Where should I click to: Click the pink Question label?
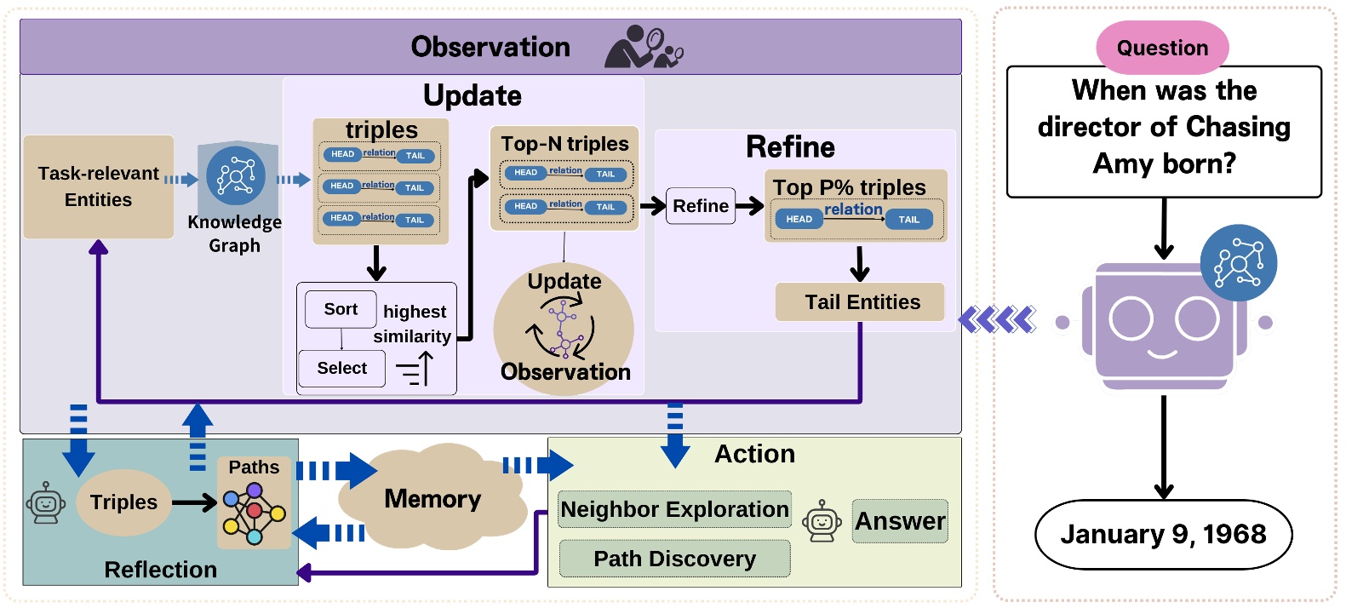[x=1162, y=48]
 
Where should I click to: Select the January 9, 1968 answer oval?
[x=1163, y=534]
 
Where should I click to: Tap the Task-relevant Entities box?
[x=99, y=186]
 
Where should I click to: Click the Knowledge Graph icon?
[x=236, y=176]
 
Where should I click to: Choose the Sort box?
[x=341, y=309]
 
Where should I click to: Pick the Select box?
[x=341, y=368]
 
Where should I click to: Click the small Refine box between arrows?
[x=701, y=206]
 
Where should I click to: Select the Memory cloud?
[x=432, y=498]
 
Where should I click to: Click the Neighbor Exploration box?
[x=674, y=509]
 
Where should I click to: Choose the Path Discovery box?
[x=674, y=559]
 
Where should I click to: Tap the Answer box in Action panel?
[x=900, y=520]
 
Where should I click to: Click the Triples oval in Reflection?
[x=124, y=502]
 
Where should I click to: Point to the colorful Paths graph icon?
[x=254, y=513]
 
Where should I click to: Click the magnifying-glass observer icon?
[x=643, y=47]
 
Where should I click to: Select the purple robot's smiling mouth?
[x=1164, y=352]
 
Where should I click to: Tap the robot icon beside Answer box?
[x=822, y=520]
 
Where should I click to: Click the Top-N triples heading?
[x=564, y=144]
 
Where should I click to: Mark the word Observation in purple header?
[x=490, y=47]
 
